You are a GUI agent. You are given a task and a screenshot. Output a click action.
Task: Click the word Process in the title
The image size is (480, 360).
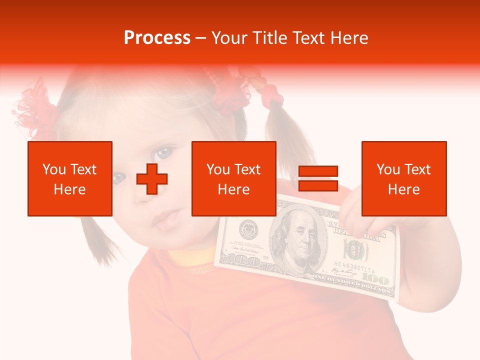157,38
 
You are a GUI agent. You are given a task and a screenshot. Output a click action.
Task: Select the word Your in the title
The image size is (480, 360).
229,38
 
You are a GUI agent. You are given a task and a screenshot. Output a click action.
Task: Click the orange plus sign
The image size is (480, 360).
152,178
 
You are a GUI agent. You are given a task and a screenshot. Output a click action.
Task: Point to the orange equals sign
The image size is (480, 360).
318,178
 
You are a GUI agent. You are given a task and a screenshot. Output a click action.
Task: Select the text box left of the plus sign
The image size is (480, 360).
70,178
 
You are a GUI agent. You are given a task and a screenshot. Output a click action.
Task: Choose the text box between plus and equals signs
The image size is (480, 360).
234,178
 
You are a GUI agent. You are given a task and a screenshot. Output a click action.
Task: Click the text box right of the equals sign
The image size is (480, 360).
403,178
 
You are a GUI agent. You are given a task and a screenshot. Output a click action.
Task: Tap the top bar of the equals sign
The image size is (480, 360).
318,171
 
